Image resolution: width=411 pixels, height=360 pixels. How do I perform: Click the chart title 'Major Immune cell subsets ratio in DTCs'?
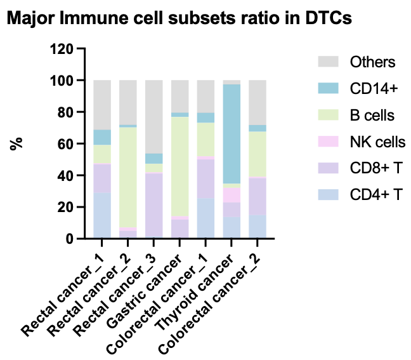click(x=179, y=19)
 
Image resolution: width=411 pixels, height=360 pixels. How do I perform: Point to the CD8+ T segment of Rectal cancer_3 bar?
click(x=154, y=205)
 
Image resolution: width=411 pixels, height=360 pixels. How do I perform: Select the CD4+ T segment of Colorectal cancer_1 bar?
click(x=206, y=218)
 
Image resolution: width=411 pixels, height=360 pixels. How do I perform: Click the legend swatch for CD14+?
click(x=328, y=89)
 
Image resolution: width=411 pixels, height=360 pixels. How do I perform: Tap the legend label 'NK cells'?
click(x=377, y=142)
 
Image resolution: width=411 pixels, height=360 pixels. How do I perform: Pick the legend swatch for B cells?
click(x=328, y=116)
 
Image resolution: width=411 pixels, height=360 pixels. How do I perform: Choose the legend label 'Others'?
click(x=373, y=62)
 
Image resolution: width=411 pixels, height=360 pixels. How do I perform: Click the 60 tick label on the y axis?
click(x=65, y=143)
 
